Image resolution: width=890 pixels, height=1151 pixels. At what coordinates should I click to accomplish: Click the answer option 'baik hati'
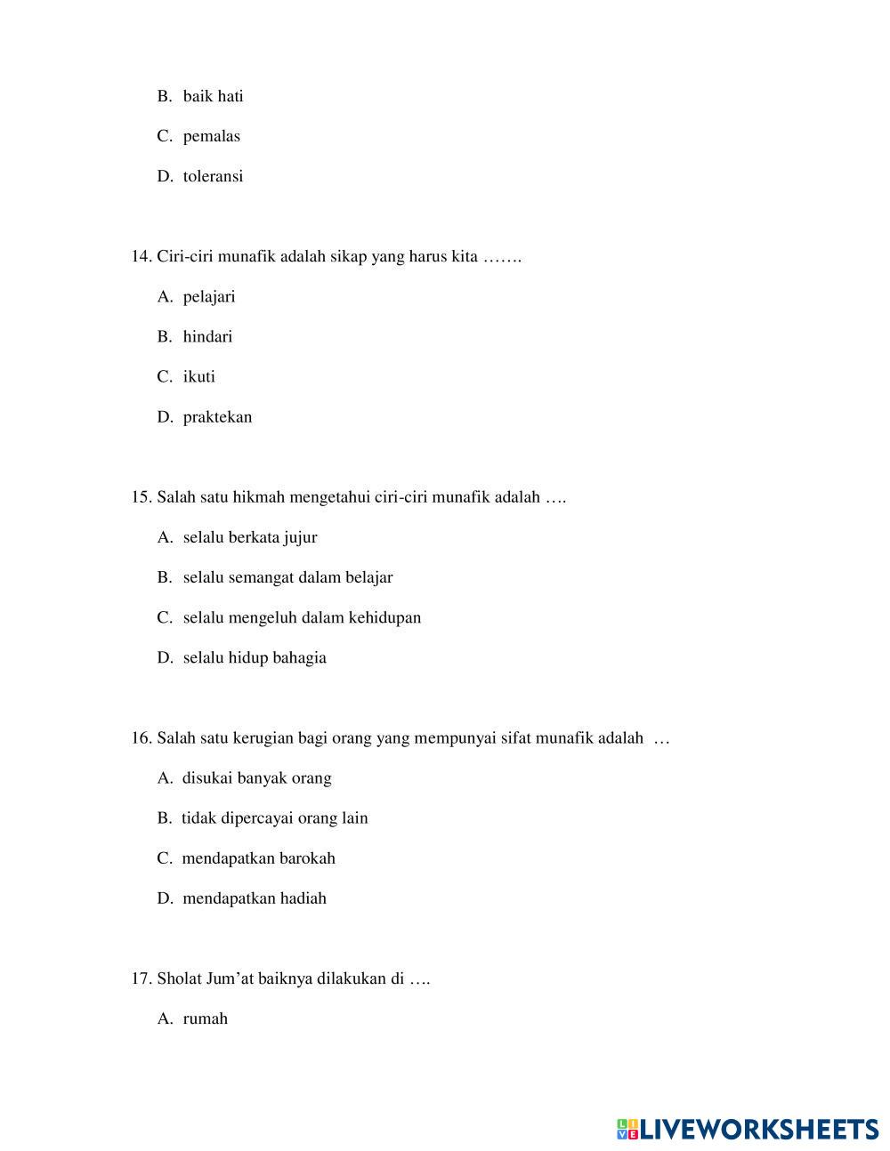coord(213,96)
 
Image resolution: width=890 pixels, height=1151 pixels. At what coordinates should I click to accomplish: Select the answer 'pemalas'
coord(211,136)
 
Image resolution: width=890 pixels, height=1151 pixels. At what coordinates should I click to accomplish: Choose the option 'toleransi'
coord(213,176)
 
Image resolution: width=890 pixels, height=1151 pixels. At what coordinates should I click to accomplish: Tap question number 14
coord(142,257)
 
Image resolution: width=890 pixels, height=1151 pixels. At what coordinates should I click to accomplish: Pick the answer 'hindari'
coord(207,336)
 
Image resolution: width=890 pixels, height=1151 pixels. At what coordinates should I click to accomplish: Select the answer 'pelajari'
coord(209,296)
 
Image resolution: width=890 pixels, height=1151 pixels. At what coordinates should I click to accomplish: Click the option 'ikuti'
coord(198,376)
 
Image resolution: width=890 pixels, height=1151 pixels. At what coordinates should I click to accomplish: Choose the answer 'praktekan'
coord(217,417)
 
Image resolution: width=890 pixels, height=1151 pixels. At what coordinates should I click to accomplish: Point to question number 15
coord(142,497)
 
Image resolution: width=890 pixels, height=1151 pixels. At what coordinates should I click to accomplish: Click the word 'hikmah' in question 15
coord(255,497)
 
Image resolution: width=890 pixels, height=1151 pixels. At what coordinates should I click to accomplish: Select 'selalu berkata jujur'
coord(249,537)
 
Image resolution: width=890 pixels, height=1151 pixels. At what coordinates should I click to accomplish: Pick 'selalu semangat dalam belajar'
coord(287,577)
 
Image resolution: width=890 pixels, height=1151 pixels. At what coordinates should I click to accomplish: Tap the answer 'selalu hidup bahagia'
coord(255,657)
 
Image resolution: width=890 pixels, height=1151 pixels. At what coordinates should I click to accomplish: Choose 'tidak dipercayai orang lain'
coord(274,818)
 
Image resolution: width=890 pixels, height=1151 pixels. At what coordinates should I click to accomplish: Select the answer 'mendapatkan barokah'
coord(258,858)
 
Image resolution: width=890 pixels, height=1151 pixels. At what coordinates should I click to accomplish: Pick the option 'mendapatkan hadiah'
coord(255,898)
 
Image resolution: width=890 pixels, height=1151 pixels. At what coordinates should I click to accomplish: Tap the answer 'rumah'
coord(205,1018)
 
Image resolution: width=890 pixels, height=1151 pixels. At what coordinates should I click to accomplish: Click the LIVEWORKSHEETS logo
coord(748,1130)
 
